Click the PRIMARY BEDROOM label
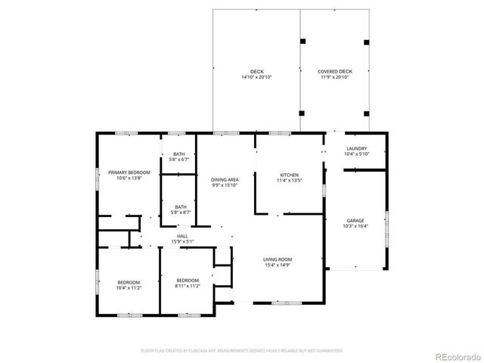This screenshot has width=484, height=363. tap(129, 172)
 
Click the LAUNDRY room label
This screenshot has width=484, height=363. tap(356, 149)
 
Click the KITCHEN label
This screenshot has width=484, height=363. tap(290, 176)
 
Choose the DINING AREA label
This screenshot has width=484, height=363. tap(225, 179)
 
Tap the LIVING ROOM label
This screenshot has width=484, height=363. tap(278, 259)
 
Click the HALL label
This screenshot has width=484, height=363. tap(182, 236)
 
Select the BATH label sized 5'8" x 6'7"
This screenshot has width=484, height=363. tap(178, 154)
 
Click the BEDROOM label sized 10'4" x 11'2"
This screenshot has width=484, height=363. tap(129, 282)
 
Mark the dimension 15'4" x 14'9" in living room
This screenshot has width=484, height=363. tap(278, 265)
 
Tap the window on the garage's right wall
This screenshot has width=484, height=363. tap(386, 228)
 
